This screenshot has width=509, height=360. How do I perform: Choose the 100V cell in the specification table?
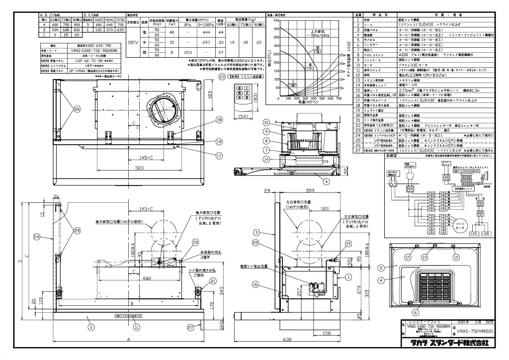(134, 43)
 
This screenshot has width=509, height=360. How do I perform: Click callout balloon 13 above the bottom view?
(424, 258)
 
